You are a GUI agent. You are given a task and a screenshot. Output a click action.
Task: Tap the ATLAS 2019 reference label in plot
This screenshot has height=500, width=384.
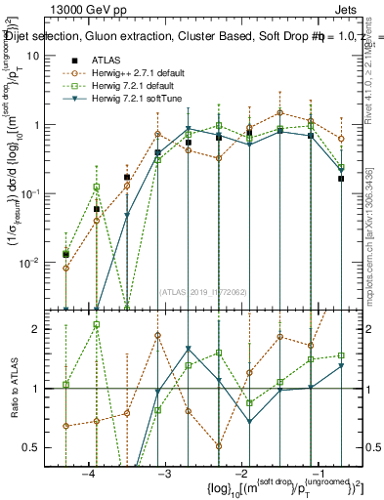click(x=202, y=290)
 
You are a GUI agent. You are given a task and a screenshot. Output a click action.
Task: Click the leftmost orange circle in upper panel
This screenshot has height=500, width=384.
click(x=65, y=268)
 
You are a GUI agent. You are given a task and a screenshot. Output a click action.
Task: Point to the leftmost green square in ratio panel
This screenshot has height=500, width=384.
click(x=65, y=385)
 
